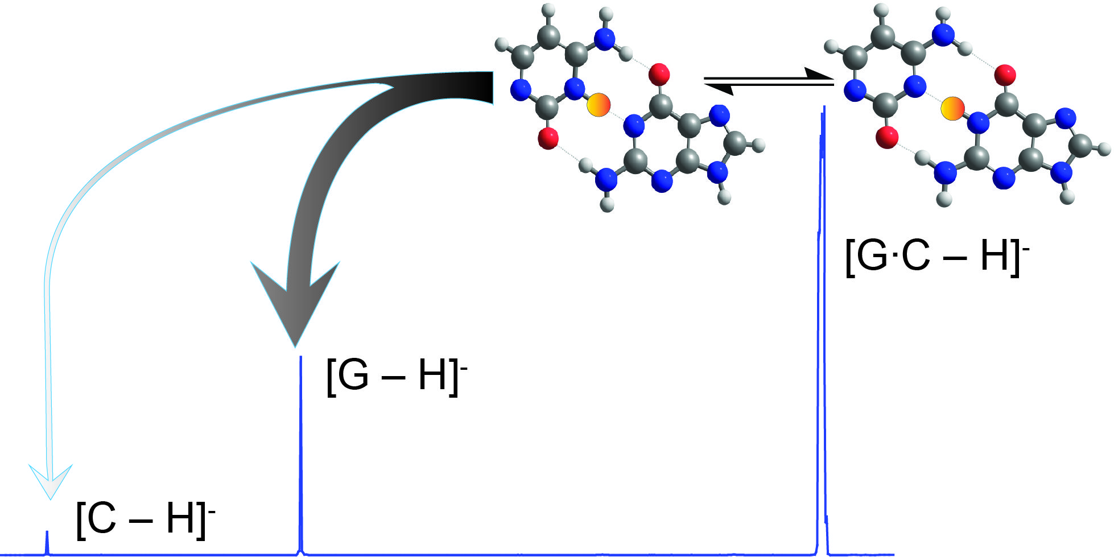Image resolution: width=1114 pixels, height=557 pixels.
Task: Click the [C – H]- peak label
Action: click(145, 519)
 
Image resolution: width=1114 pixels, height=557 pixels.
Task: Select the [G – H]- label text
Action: click(396, 376)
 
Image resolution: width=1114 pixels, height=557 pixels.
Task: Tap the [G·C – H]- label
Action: click(936, 256)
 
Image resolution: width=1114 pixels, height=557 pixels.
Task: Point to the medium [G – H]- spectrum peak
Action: click(300, 455)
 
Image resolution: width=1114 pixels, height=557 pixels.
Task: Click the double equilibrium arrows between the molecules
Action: click(768, 81)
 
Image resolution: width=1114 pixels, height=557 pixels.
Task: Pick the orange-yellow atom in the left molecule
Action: click(599, 105)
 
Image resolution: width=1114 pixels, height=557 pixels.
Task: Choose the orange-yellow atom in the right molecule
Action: click(952, 109)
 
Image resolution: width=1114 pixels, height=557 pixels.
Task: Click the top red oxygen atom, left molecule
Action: click(659, 74)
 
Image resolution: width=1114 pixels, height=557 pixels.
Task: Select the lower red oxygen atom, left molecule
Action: click(548, 138)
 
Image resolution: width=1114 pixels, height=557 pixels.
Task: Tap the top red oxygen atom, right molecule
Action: click(1005, 75)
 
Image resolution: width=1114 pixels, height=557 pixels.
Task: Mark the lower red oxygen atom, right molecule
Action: click(887, 137)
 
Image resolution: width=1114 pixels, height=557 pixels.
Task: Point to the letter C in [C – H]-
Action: click(102, 519)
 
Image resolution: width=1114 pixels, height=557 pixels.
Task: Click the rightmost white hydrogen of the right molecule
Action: click(1104, 149)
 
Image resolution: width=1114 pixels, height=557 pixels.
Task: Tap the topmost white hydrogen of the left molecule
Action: click(548, 10)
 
